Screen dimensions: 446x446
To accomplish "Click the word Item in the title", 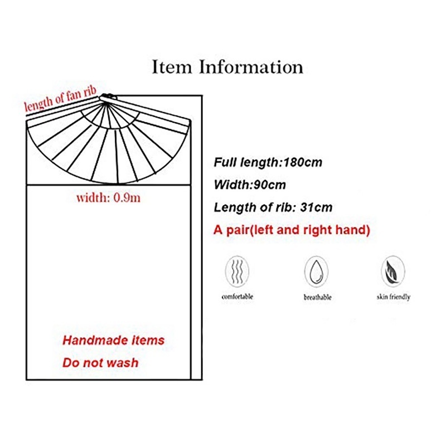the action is tap(172, 67).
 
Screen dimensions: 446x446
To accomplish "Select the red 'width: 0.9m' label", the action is tap(108, 197).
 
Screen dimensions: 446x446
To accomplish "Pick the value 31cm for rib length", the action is tap(316, 207).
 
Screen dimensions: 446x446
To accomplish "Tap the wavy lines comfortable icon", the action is tap(237, 272).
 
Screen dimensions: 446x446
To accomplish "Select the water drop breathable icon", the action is tap(316, 272).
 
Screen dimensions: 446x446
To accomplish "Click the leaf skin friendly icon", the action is tap(392, 272).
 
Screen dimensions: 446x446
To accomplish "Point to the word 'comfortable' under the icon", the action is tap(237, 297).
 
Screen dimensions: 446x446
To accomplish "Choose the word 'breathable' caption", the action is tap(317, 297).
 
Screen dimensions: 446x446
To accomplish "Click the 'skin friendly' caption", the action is tap(392, 297).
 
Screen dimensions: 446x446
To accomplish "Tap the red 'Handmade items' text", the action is tap(113, 340).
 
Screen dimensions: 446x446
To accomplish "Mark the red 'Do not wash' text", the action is tap(100, 362).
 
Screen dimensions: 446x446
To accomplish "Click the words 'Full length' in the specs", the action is tap(247, 163).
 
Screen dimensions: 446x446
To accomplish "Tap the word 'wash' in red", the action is tap(123, 362).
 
